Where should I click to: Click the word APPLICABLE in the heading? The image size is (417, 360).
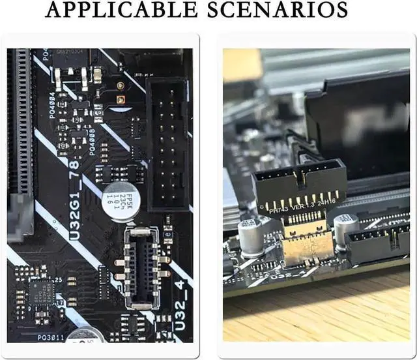[x=122, y=11]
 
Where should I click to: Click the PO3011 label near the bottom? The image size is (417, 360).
[x=50, y=337]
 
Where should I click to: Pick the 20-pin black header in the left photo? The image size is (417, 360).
[x=167, y=143]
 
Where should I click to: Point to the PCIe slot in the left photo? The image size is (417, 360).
[x=20, y=130]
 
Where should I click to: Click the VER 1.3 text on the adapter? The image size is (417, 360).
[x=302, y=206]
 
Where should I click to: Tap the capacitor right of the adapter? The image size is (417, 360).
[x=345, y=229]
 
